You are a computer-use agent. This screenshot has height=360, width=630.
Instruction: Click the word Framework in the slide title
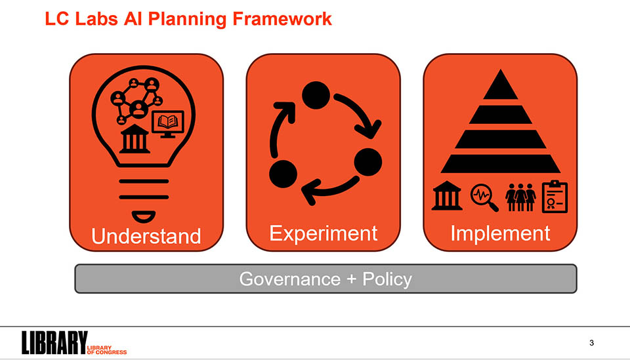click(282, 19)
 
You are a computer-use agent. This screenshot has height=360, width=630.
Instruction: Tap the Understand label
click(146, 236)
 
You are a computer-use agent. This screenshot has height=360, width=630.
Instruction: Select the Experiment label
click(323, 234)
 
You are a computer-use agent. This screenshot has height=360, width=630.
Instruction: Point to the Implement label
click(500, 234)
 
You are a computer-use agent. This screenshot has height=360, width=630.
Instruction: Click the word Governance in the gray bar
click(289, 279)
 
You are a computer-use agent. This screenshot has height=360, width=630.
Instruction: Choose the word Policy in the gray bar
click(387, 279)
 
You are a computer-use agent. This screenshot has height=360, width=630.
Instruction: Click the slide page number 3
click(591, 343)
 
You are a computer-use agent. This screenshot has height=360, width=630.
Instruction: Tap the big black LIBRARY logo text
click(54, 342)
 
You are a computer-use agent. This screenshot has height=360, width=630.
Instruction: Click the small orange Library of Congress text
click(106, 350)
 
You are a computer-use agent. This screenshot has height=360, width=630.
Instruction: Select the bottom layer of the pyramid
click(501, 164)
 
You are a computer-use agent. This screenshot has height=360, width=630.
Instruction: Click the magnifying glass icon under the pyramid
click(484, 197)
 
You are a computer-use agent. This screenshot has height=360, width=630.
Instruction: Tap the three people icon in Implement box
click(520, 197)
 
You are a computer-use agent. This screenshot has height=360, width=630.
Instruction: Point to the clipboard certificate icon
click(555, 197)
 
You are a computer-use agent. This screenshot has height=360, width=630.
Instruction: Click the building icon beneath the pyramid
click(447, 196)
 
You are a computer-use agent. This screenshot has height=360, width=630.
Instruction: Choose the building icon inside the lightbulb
click(135, 139)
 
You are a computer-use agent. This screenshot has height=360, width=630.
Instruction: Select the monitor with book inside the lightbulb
click(168, 124)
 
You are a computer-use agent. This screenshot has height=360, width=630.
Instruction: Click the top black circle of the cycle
click(316, 95)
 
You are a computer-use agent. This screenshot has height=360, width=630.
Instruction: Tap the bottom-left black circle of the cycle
click(283, 174)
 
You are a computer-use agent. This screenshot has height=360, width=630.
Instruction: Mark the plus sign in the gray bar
click(352, 279)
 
